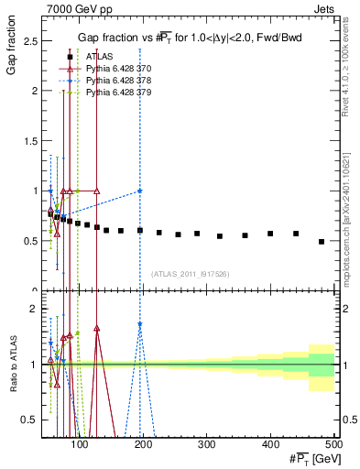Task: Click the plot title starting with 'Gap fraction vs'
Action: [x=189, y=37]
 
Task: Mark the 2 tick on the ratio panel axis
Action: [x=35, y=310]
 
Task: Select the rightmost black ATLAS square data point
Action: [x=321, y=242]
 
